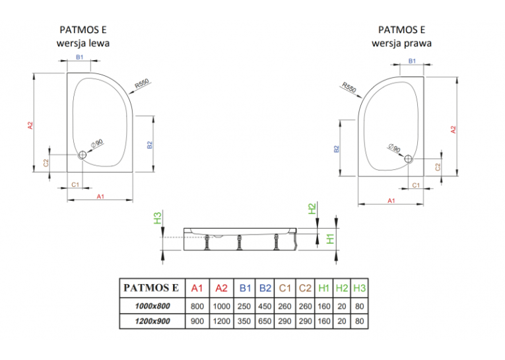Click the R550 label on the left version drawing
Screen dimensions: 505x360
[142, 83]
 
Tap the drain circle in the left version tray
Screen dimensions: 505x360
[83, 155]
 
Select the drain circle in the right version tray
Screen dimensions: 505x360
[408, 159]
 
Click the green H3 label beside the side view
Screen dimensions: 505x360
[157, 218]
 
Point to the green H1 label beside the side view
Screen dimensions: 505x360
[330, 238]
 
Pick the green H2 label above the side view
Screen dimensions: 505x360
[312, 209]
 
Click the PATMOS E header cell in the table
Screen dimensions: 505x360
[151, 287]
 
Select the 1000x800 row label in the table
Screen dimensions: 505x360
[152, 306]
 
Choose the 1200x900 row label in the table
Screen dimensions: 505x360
[152, 321]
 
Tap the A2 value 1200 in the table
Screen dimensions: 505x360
[222, 321]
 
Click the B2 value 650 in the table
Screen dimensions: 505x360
[265, 321]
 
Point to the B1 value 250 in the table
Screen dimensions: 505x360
[244, 306]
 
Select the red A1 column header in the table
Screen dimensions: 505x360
[197, 288]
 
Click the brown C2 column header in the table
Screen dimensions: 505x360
[305, 288]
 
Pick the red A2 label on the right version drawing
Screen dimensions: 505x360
[454, 129]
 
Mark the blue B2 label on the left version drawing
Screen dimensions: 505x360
[149, 145]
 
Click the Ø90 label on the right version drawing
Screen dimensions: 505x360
[394, 147]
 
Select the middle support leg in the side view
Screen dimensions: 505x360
[239, 242]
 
